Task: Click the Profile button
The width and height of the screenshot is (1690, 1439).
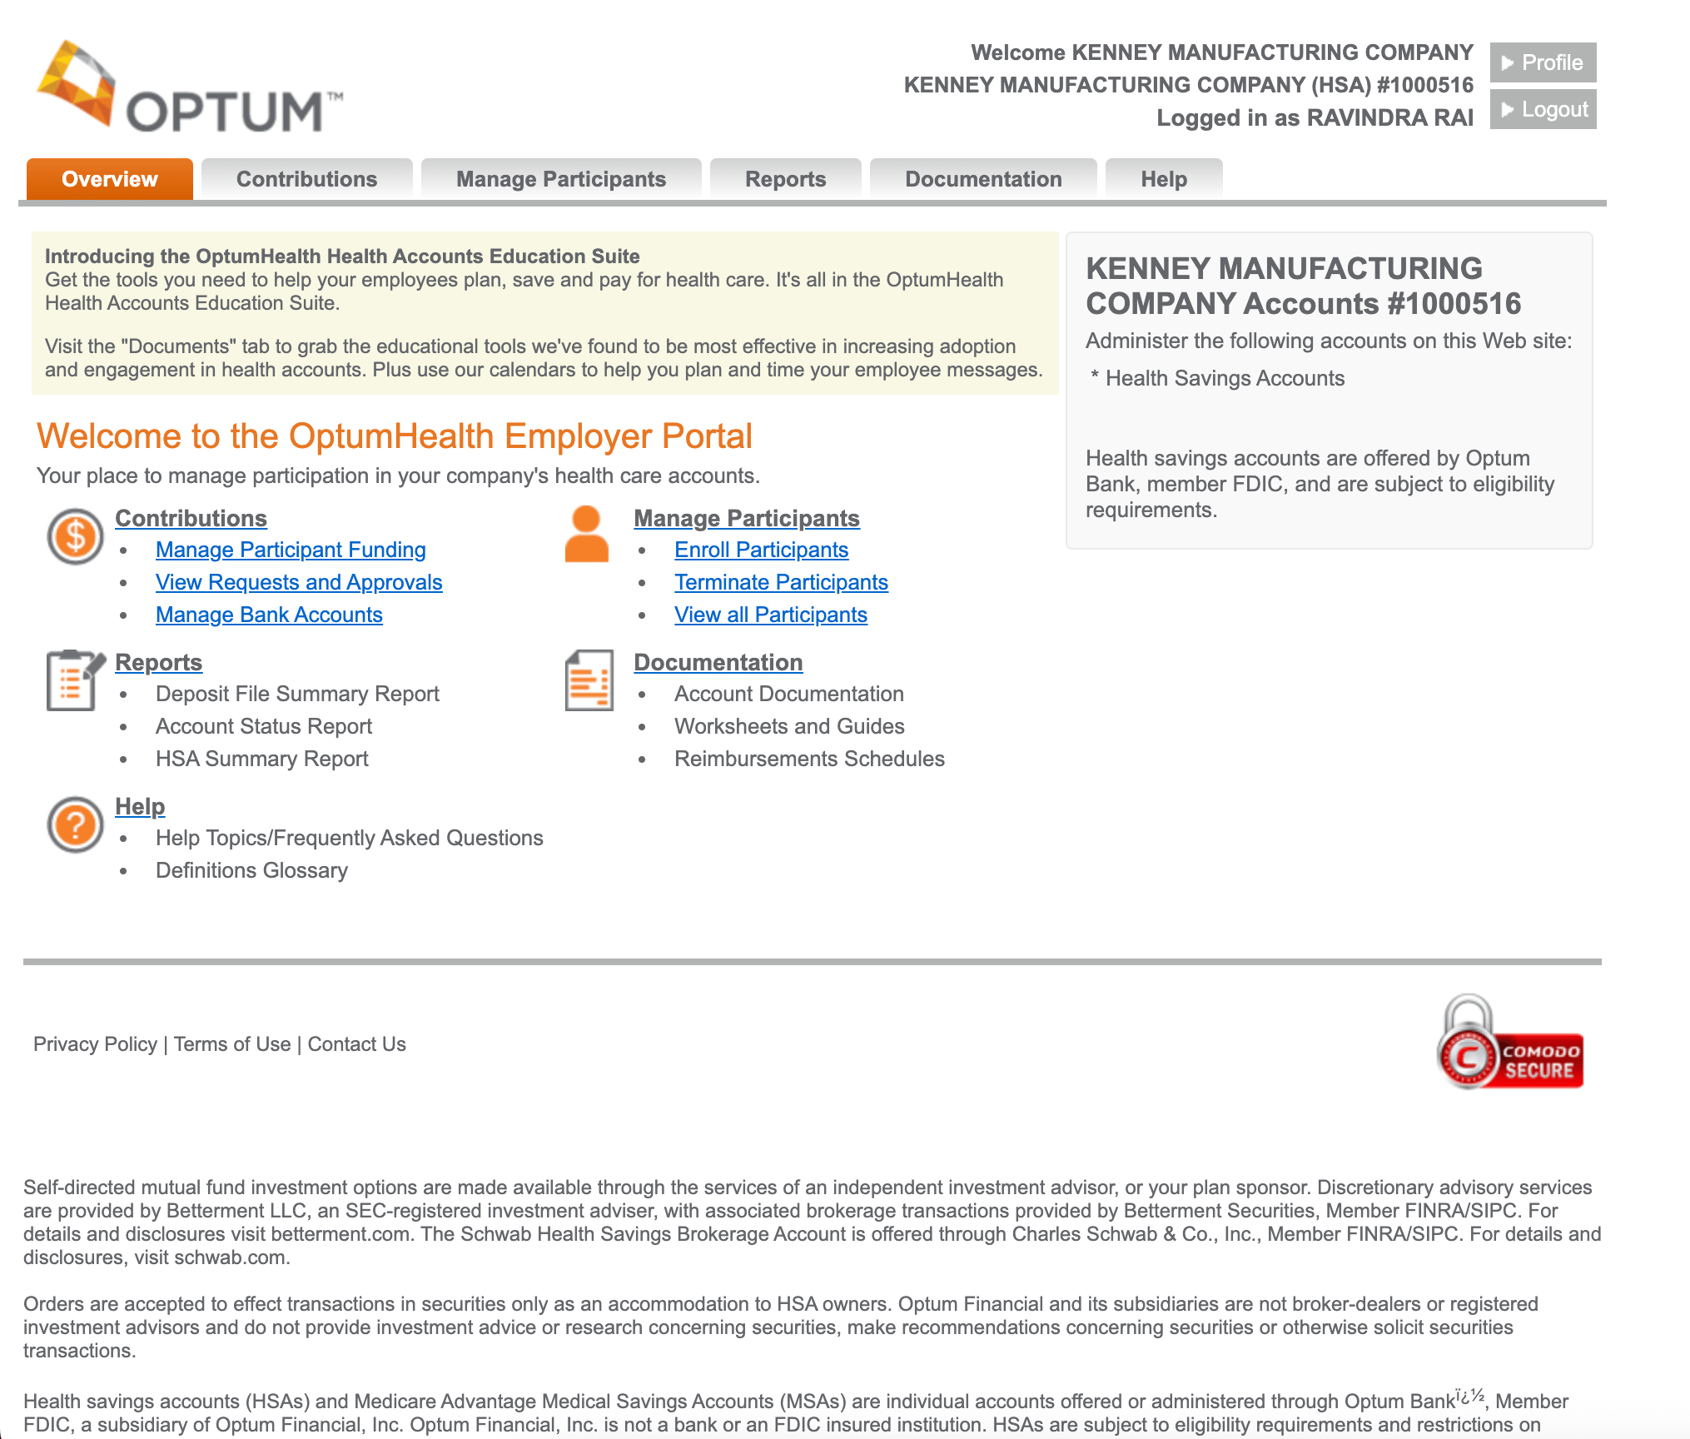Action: point(1543,62)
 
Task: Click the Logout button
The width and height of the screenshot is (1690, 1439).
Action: point(1543,109)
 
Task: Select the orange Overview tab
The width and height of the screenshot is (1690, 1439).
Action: point(109,179)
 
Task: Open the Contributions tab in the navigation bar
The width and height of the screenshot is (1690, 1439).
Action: point(306,179)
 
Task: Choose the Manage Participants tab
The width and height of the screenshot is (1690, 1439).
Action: point(560,179)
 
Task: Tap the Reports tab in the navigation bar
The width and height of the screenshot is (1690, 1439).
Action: point(785,179)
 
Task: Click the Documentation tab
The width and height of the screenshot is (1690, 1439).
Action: point(983,179)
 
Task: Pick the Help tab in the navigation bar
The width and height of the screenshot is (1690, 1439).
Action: point(1163,179)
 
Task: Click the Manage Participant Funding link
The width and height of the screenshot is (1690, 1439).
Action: point(291,550)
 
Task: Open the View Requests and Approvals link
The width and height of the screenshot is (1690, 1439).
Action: point(299,582)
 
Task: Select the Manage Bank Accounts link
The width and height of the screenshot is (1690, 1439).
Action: point(269,615)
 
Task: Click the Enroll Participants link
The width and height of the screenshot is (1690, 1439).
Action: point(761,550)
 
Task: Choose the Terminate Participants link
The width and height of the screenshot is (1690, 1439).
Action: point(781,582)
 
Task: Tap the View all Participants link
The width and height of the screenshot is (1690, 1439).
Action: point(770,615)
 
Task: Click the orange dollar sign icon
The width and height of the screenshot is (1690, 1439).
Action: point(75,536)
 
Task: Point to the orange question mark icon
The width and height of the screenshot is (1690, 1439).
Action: point(75,824)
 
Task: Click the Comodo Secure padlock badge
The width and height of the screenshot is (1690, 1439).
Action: point(1509,1043)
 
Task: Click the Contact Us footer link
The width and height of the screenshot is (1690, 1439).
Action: point(356,1044)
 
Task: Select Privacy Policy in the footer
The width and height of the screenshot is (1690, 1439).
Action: point(95,1044)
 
